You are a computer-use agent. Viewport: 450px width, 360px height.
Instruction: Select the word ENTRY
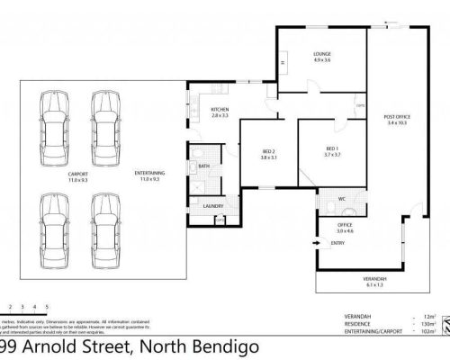337,242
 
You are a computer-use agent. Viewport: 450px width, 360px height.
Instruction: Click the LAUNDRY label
213,206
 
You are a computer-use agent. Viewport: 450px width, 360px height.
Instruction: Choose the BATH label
204,166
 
